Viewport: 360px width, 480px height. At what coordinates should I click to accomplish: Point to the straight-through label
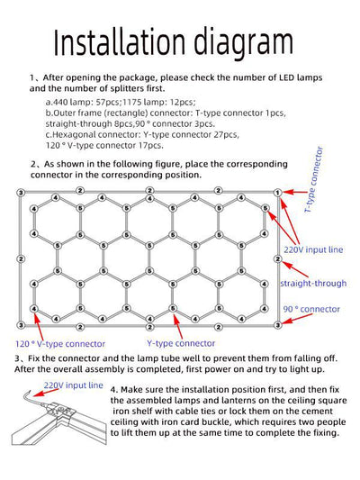[312, 283]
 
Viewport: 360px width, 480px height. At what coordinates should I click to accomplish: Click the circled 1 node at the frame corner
[278, 194]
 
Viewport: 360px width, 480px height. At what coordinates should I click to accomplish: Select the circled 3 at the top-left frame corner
[20, 194]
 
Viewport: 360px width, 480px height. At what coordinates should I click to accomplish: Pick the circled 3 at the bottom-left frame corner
[20, 323]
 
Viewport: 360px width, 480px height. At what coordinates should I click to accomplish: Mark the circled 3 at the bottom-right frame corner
[278, 323]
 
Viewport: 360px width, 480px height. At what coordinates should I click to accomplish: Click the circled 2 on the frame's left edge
[20, 258]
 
